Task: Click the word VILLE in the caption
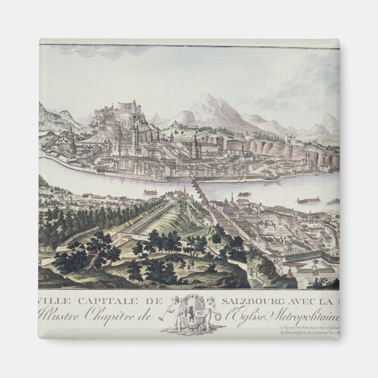click(52, 301)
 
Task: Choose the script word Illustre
click(60, 315)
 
